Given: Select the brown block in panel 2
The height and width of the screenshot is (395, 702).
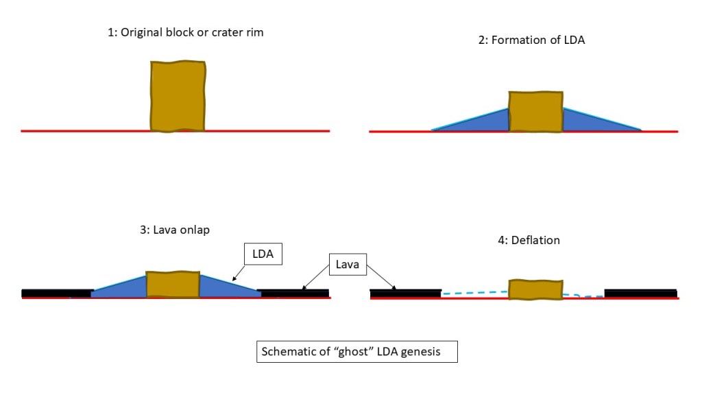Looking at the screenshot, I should point(535,110).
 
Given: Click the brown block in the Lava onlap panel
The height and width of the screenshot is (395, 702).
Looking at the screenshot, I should point(173,285).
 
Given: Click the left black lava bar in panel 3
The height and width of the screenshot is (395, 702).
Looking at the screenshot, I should point(57,294).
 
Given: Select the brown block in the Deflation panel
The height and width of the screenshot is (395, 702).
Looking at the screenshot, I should point(535,289).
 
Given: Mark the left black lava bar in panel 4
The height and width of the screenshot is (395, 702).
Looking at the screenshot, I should point(405,294).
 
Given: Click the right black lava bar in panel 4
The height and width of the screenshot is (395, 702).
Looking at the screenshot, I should point(640,294).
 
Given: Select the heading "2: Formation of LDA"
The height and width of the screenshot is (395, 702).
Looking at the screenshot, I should point(531,40).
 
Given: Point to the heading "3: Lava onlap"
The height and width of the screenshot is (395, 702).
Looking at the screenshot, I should point(174,230).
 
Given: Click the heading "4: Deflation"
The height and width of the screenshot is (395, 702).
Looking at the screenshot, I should point(528,240).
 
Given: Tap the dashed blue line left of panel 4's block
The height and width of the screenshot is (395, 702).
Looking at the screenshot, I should point(473,293).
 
